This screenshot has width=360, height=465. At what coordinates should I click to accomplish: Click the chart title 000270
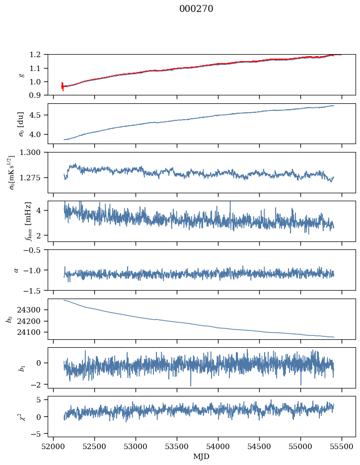click(196, 9)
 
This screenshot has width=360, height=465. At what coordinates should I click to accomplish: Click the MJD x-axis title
click(202, 456)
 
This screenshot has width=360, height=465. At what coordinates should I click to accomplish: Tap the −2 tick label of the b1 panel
click(38, 385)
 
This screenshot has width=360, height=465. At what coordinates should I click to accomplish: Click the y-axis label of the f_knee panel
click(14, 221)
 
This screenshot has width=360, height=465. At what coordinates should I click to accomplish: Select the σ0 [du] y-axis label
click(14, 123)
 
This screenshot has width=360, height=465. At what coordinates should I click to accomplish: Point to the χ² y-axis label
click(13, 416)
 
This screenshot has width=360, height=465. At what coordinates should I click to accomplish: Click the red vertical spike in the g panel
click(62, 86)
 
